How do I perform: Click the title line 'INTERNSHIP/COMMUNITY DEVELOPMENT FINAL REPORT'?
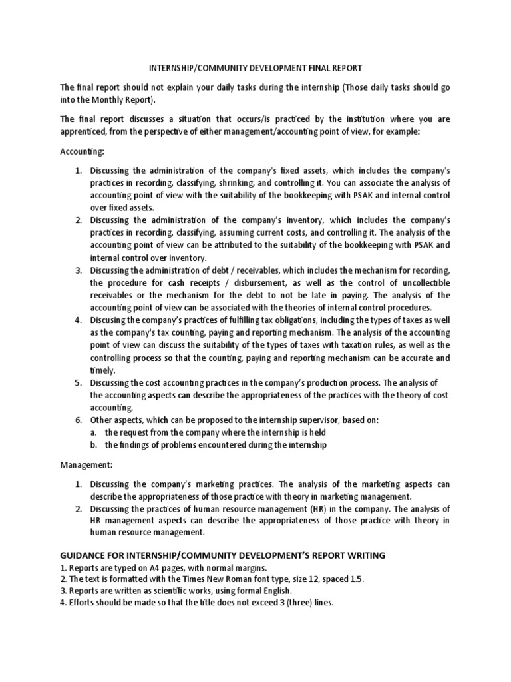pyautogui.click(x=255, y=68)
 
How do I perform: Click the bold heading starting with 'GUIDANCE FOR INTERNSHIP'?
pyautogui.click(x=223, y=555)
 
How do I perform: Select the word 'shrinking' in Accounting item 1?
pyautogui.click(x=259, y=183)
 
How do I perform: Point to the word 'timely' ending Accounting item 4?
pyautogui.click(x=102, y=370)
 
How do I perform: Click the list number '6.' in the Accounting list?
pyautogui.click(x=79, y=420)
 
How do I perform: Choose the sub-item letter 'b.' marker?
pyautogui.click(x=95, y=445)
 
